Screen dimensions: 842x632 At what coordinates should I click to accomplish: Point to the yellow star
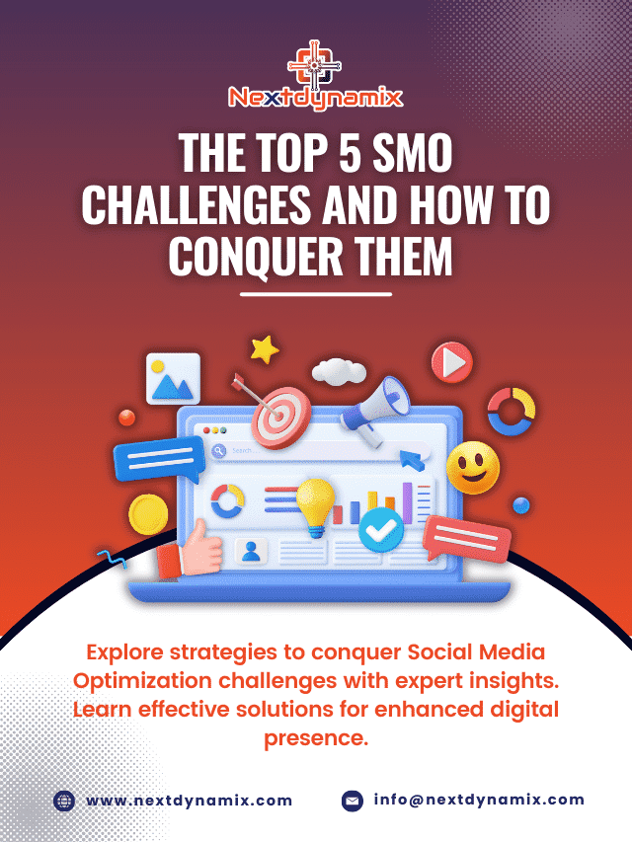[264, 348]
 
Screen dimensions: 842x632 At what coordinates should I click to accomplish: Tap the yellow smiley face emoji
[472, 468]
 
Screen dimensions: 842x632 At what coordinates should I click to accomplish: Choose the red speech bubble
[467, 537]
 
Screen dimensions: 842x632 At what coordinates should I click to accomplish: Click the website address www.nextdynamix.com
[189, 801]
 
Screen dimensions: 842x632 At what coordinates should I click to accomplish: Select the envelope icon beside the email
[353, 801]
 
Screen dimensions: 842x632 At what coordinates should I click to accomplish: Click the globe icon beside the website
[65, 801]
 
